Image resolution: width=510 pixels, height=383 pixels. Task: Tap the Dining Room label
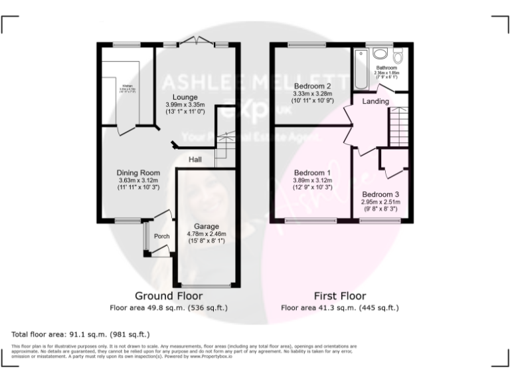139,172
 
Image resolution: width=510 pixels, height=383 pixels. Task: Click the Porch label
161,236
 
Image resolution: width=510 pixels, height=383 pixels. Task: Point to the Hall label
195,160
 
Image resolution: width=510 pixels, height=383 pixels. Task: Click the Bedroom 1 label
311,172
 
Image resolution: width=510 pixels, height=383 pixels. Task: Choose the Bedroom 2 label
311,86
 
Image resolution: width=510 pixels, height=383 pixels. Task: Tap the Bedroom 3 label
379,193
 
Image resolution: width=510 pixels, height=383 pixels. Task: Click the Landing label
376,102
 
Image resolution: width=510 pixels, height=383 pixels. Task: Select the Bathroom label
386,67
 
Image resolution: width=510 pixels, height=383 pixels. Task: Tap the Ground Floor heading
169,295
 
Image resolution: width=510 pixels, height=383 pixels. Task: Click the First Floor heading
339,295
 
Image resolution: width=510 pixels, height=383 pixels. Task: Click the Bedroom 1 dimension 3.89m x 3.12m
311,180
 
